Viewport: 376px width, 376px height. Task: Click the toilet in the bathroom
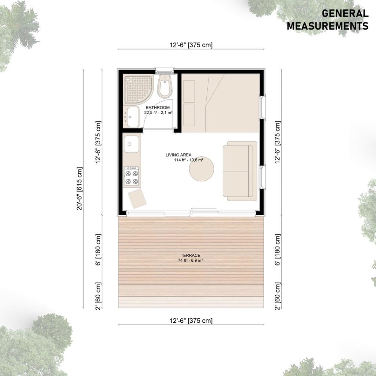tap(165, 86)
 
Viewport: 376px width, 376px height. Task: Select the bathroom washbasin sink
tap(132, 117)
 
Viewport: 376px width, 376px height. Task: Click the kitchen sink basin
tap(131, 144)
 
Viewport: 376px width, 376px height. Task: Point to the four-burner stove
tap(131, 176)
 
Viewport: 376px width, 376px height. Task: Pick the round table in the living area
tap(202, 169)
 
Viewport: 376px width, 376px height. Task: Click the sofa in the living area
tap(240, 171)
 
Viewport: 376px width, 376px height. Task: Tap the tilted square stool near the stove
tap(137, 198)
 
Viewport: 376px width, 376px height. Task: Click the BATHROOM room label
tap(158, 108)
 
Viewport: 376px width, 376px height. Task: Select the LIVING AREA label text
tap(178, 155)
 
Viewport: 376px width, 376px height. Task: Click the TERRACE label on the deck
tap(191, 256)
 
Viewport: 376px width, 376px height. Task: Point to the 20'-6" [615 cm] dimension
tap(79, 189)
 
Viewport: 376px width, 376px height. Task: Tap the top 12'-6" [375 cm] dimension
tap(191, 45)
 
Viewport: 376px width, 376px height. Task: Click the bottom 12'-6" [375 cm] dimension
tap(191, 321)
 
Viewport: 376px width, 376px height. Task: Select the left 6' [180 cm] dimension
tap(98, 250)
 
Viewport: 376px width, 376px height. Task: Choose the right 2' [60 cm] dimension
tap(278, 296)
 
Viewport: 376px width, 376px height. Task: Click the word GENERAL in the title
tap(345, 14)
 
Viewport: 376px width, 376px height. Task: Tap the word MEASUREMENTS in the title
tap(328, 26)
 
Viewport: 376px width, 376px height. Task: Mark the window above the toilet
tap(164, 71)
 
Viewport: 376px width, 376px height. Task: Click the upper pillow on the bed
tap(189, 91)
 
